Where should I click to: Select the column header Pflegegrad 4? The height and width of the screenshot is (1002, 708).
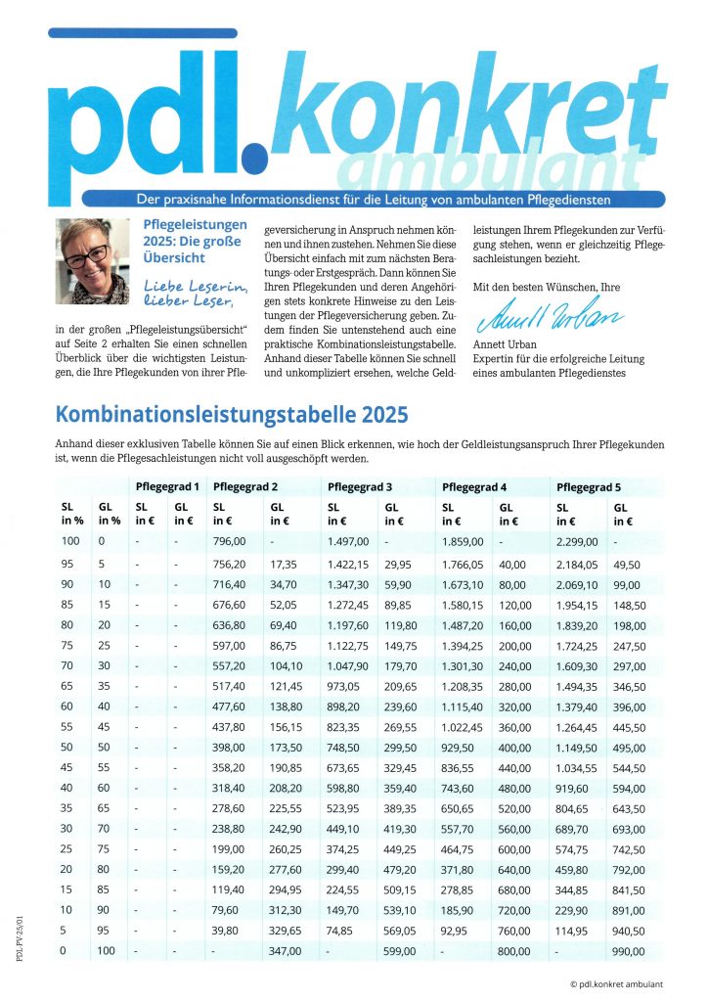[475, 486]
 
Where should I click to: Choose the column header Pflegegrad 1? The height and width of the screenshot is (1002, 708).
[167, 486]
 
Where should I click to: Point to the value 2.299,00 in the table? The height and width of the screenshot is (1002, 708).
[576, 541]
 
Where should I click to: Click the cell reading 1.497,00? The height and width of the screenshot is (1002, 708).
[348, 541]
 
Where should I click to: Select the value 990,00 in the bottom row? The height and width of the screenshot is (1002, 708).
[629, 950]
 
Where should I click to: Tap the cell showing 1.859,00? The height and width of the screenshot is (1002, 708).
[463, 541]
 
